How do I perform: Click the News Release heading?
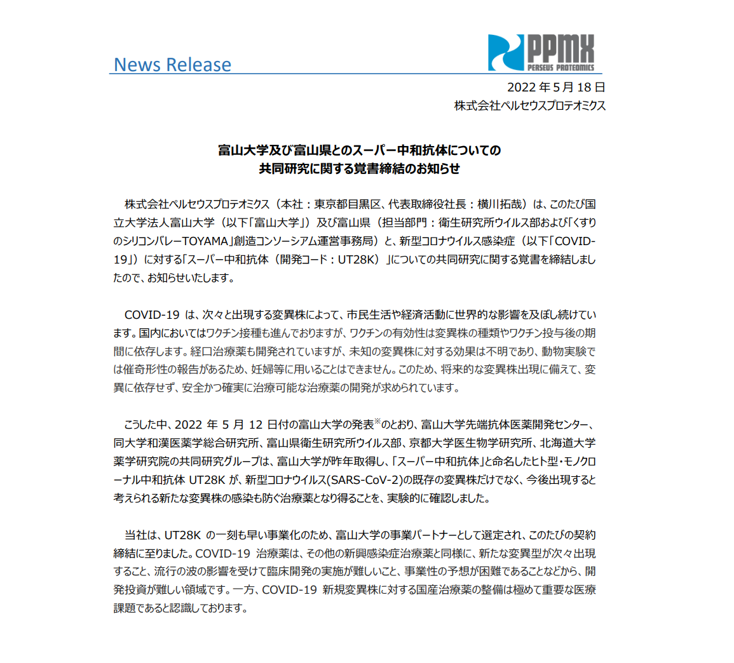coord(172,65)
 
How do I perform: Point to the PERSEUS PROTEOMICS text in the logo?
coord(561,67)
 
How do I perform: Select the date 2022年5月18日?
coord(555,88)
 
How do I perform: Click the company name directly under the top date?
coord(529,106)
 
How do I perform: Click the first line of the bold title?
coord(359,151)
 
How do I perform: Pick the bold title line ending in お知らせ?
coord(359,169)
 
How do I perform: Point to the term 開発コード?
coord(297,260)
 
